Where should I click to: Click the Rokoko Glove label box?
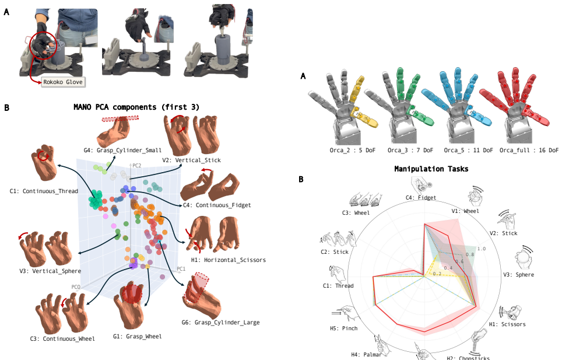63,82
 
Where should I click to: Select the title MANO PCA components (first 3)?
136,107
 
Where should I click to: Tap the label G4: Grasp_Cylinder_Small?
122,150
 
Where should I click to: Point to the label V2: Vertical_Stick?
191,160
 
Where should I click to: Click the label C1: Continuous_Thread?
44,191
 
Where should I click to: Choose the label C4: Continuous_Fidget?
217,205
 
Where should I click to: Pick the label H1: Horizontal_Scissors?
229,260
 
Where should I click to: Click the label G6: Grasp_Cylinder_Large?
220,322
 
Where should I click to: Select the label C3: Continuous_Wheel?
62,339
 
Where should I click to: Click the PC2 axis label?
136,166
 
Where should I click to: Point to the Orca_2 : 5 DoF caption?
352,150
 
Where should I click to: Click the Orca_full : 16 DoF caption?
529,150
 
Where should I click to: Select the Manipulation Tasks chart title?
431,169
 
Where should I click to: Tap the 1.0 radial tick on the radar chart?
481,249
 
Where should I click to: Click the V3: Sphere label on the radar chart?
518,275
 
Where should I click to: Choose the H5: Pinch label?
344,328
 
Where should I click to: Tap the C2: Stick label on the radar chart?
335,251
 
